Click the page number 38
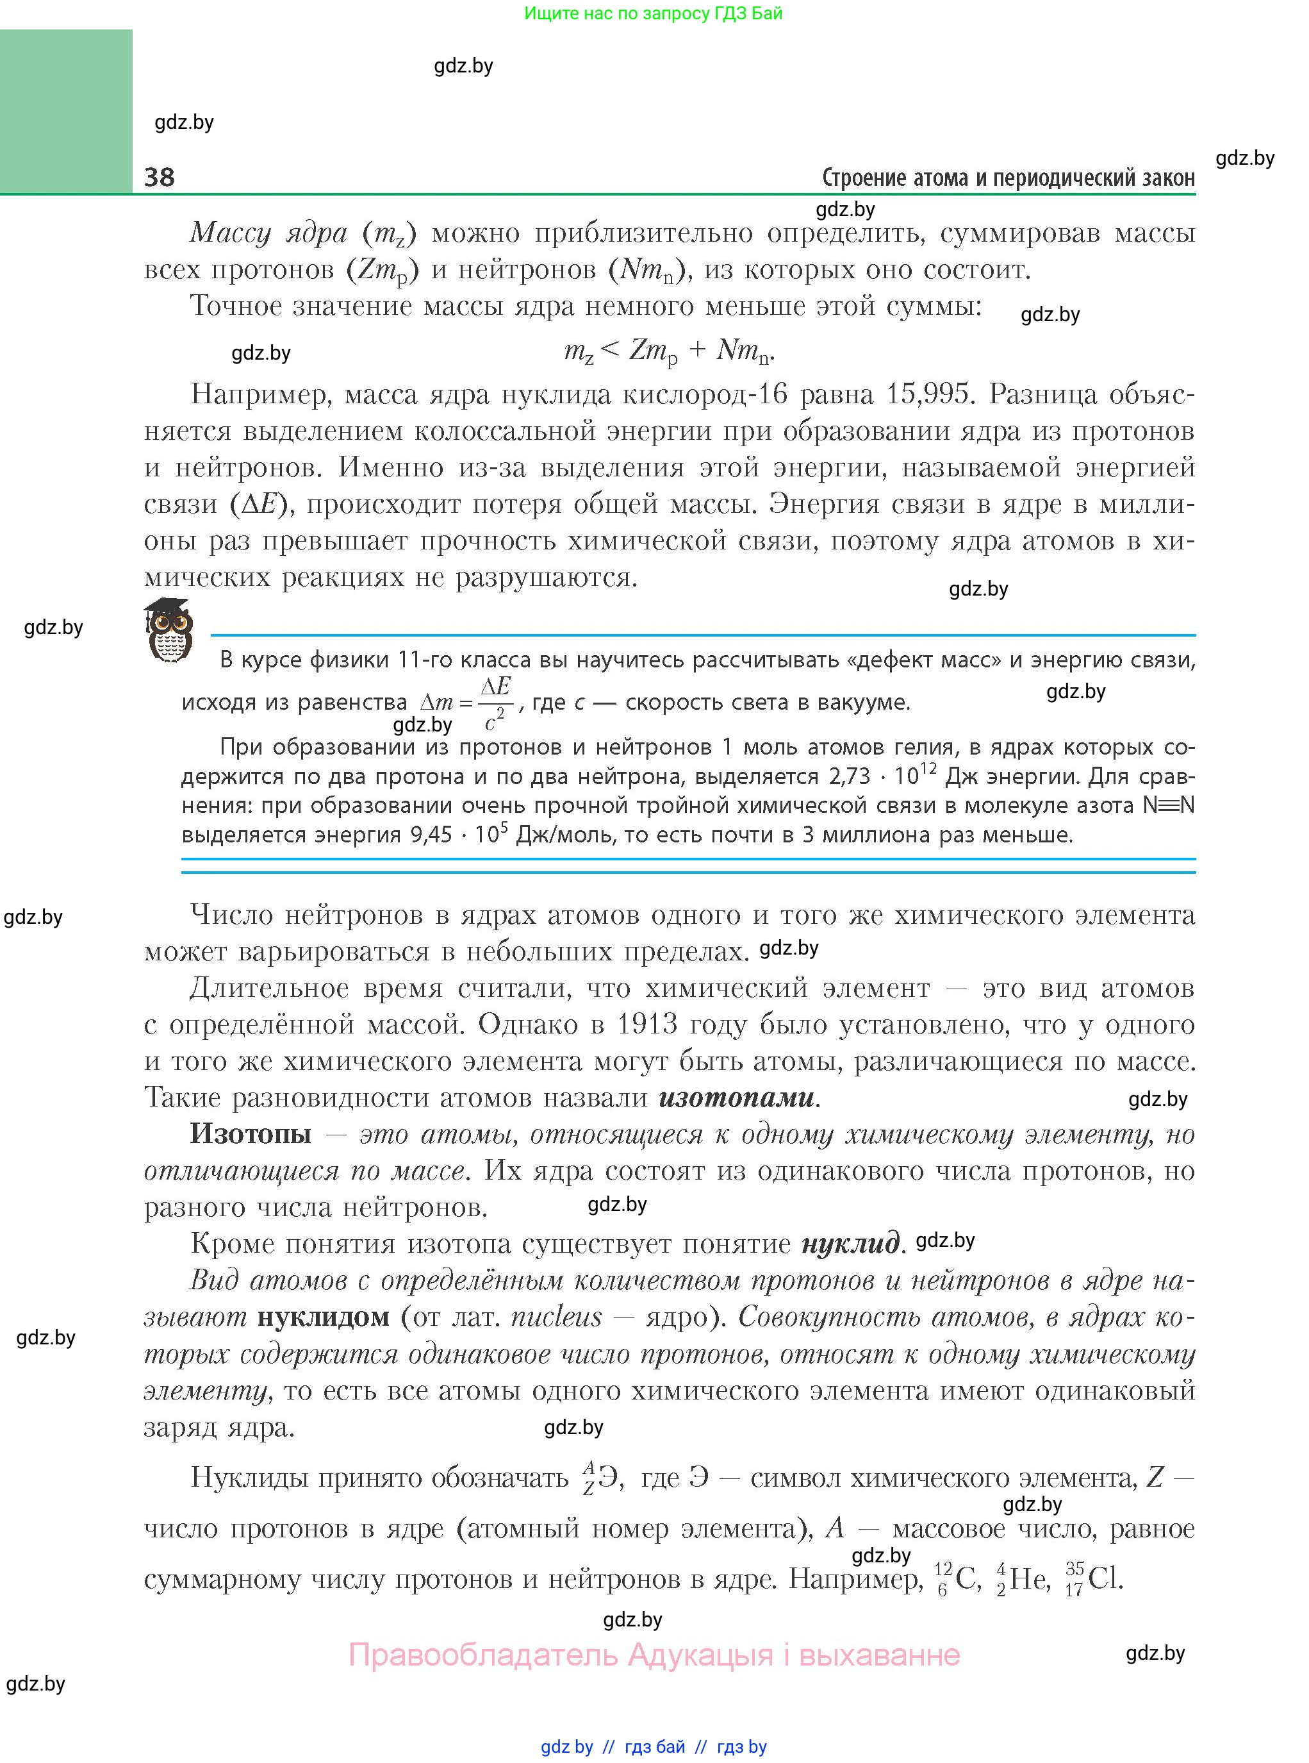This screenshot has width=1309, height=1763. [160, 177]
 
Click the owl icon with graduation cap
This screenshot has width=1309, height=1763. [169, 631]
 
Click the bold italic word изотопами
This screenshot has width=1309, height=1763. [736, 1097]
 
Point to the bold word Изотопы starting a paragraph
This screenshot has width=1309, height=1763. [251, 1133]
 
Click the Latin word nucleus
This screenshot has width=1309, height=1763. [556, 1317]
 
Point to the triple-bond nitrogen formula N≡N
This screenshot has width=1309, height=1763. [1168, 805]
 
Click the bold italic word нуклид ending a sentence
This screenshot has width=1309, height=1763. [850, 1243]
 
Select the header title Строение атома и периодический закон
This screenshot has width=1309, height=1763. [1008, 178]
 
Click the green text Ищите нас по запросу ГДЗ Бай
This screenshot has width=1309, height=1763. [653, 13]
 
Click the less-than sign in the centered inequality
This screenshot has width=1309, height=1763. [610, 349]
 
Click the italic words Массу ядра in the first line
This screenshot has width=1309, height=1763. [268, 233]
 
